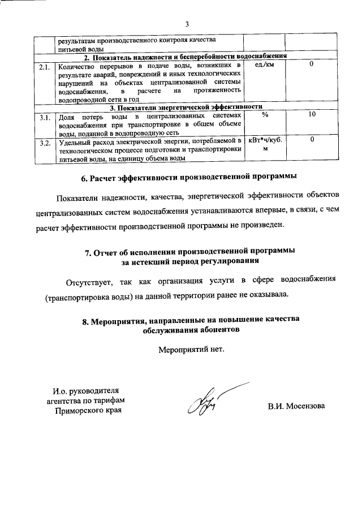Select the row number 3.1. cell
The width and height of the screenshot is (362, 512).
point(44,117)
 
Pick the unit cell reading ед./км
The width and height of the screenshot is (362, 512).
point(264,66)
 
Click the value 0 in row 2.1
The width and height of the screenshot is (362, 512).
point(312,66)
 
